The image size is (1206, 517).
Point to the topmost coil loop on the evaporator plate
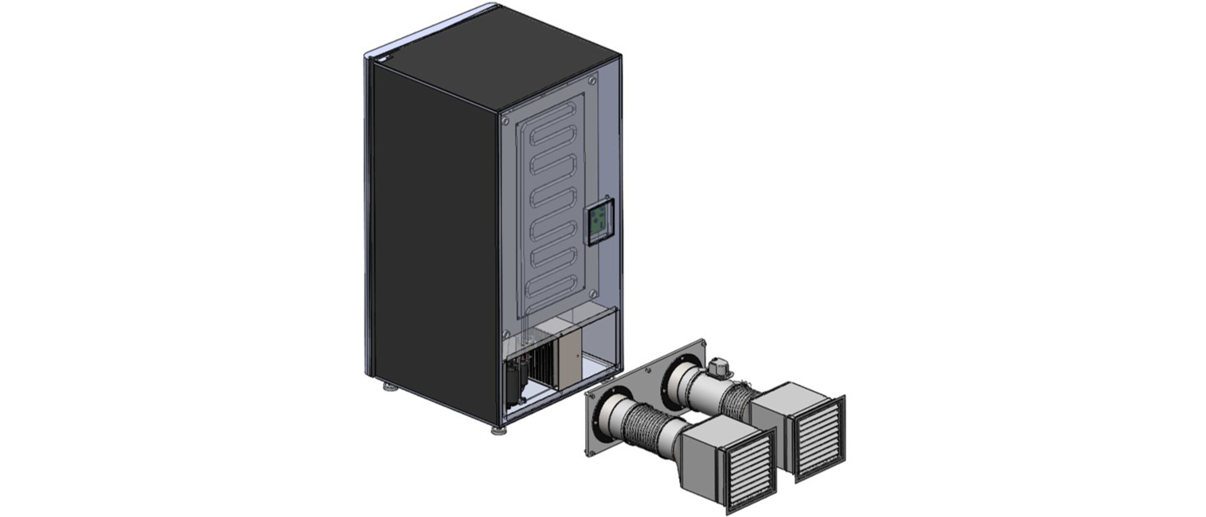pyautogui.click(x=555, y=127)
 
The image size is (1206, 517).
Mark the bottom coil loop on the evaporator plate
pyautogui.click(x=556, y=290)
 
